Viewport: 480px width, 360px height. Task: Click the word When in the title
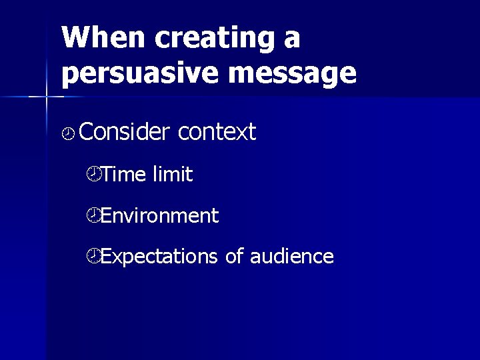pos(103,39)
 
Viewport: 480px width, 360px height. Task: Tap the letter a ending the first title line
pos(291,40)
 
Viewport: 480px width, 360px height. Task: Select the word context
pos(217,132)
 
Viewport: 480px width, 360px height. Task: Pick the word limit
pos(173,175)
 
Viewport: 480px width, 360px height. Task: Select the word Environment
pos(160,215)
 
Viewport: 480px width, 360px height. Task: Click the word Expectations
pos(160,256)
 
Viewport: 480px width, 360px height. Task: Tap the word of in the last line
pos(234,256)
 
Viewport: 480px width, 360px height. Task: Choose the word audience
pos(292,256)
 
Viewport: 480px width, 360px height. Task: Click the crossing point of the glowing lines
pos(47,97)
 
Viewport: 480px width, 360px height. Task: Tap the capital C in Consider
pos(85,132)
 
